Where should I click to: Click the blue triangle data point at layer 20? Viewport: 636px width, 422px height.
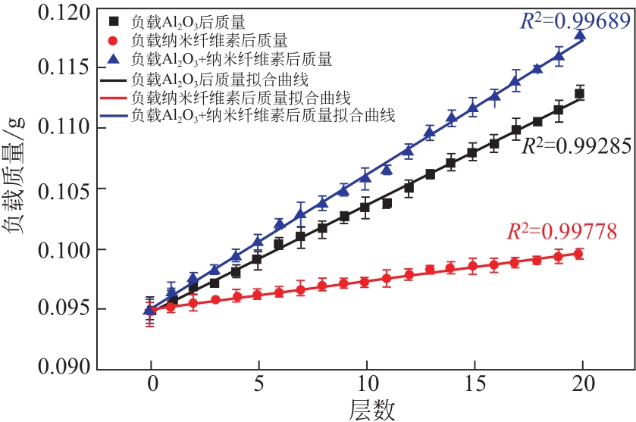(580, 36)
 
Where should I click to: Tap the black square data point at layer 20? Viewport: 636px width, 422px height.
(580, 93)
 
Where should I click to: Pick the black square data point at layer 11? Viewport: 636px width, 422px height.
(387, 203)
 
